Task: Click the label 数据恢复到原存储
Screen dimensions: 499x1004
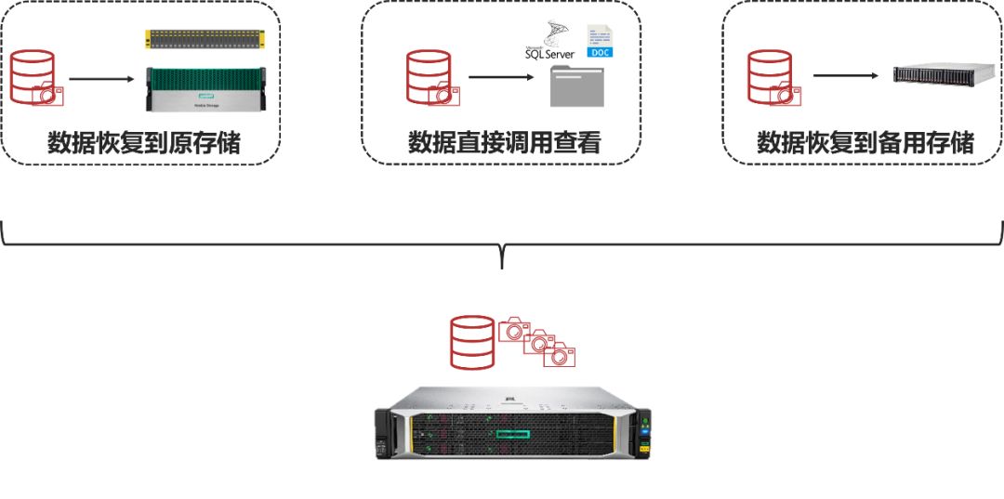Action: [143, 143]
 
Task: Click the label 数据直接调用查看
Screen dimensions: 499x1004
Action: [504, 143]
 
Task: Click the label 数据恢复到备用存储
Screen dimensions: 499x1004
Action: [865, 143]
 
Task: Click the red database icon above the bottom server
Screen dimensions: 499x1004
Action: [471, 341]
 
